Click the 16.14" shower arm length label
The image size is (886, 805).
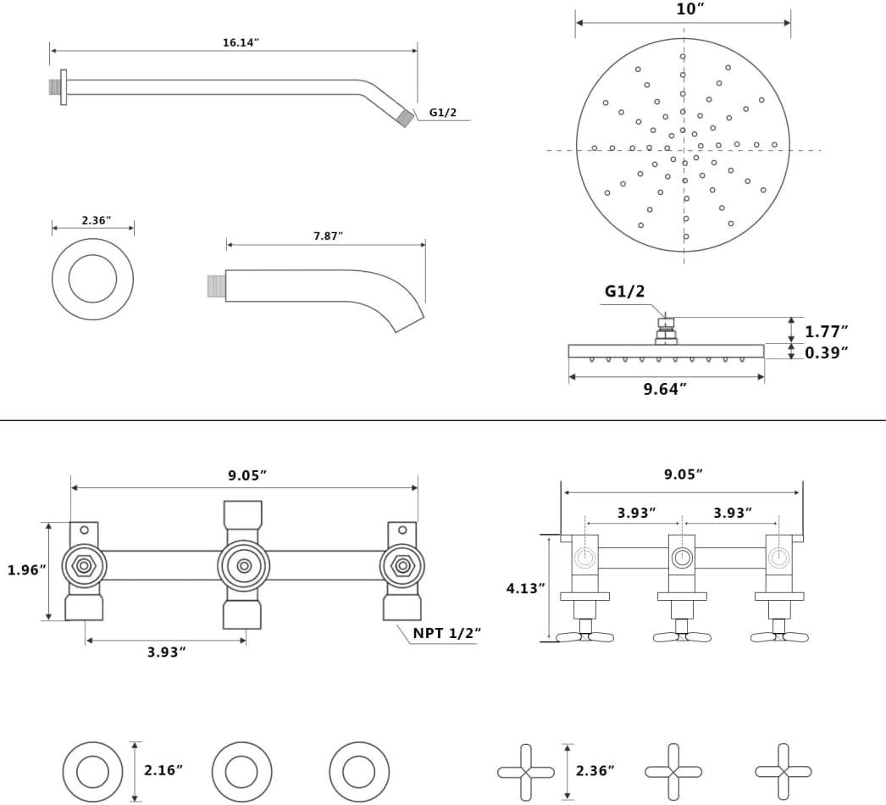241,42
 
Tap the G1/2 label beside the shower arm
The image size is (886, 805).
443,113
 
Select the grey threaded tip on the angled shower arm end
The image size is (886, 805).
406,118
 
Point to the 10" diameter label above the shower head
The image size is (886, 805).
690,9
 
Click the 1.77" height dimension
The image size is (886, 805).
826,331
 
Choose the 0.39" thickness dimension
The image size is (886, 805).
826,353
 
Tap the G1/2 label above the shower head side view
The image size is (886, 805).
624,291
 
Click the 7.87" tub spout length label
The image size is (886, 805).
328,236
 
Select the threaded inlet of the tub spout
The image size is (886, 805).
216,286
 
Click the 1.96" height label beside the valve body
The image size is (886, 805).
25,570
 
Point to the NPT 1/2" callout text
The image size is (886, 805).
446,634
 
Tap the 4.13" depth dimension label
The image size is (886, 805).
524,588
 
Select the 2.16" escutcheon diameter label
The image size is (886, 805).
163,770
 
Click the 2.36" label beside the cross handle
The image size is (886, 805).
595,770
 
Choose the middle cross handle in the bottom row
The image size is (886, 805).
673,772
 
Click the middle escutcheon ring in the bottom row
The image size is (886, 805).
241,772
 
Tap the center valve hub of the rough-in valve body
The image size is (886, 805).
244,565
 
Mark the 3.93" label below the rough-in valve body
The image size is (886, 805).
166,652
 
